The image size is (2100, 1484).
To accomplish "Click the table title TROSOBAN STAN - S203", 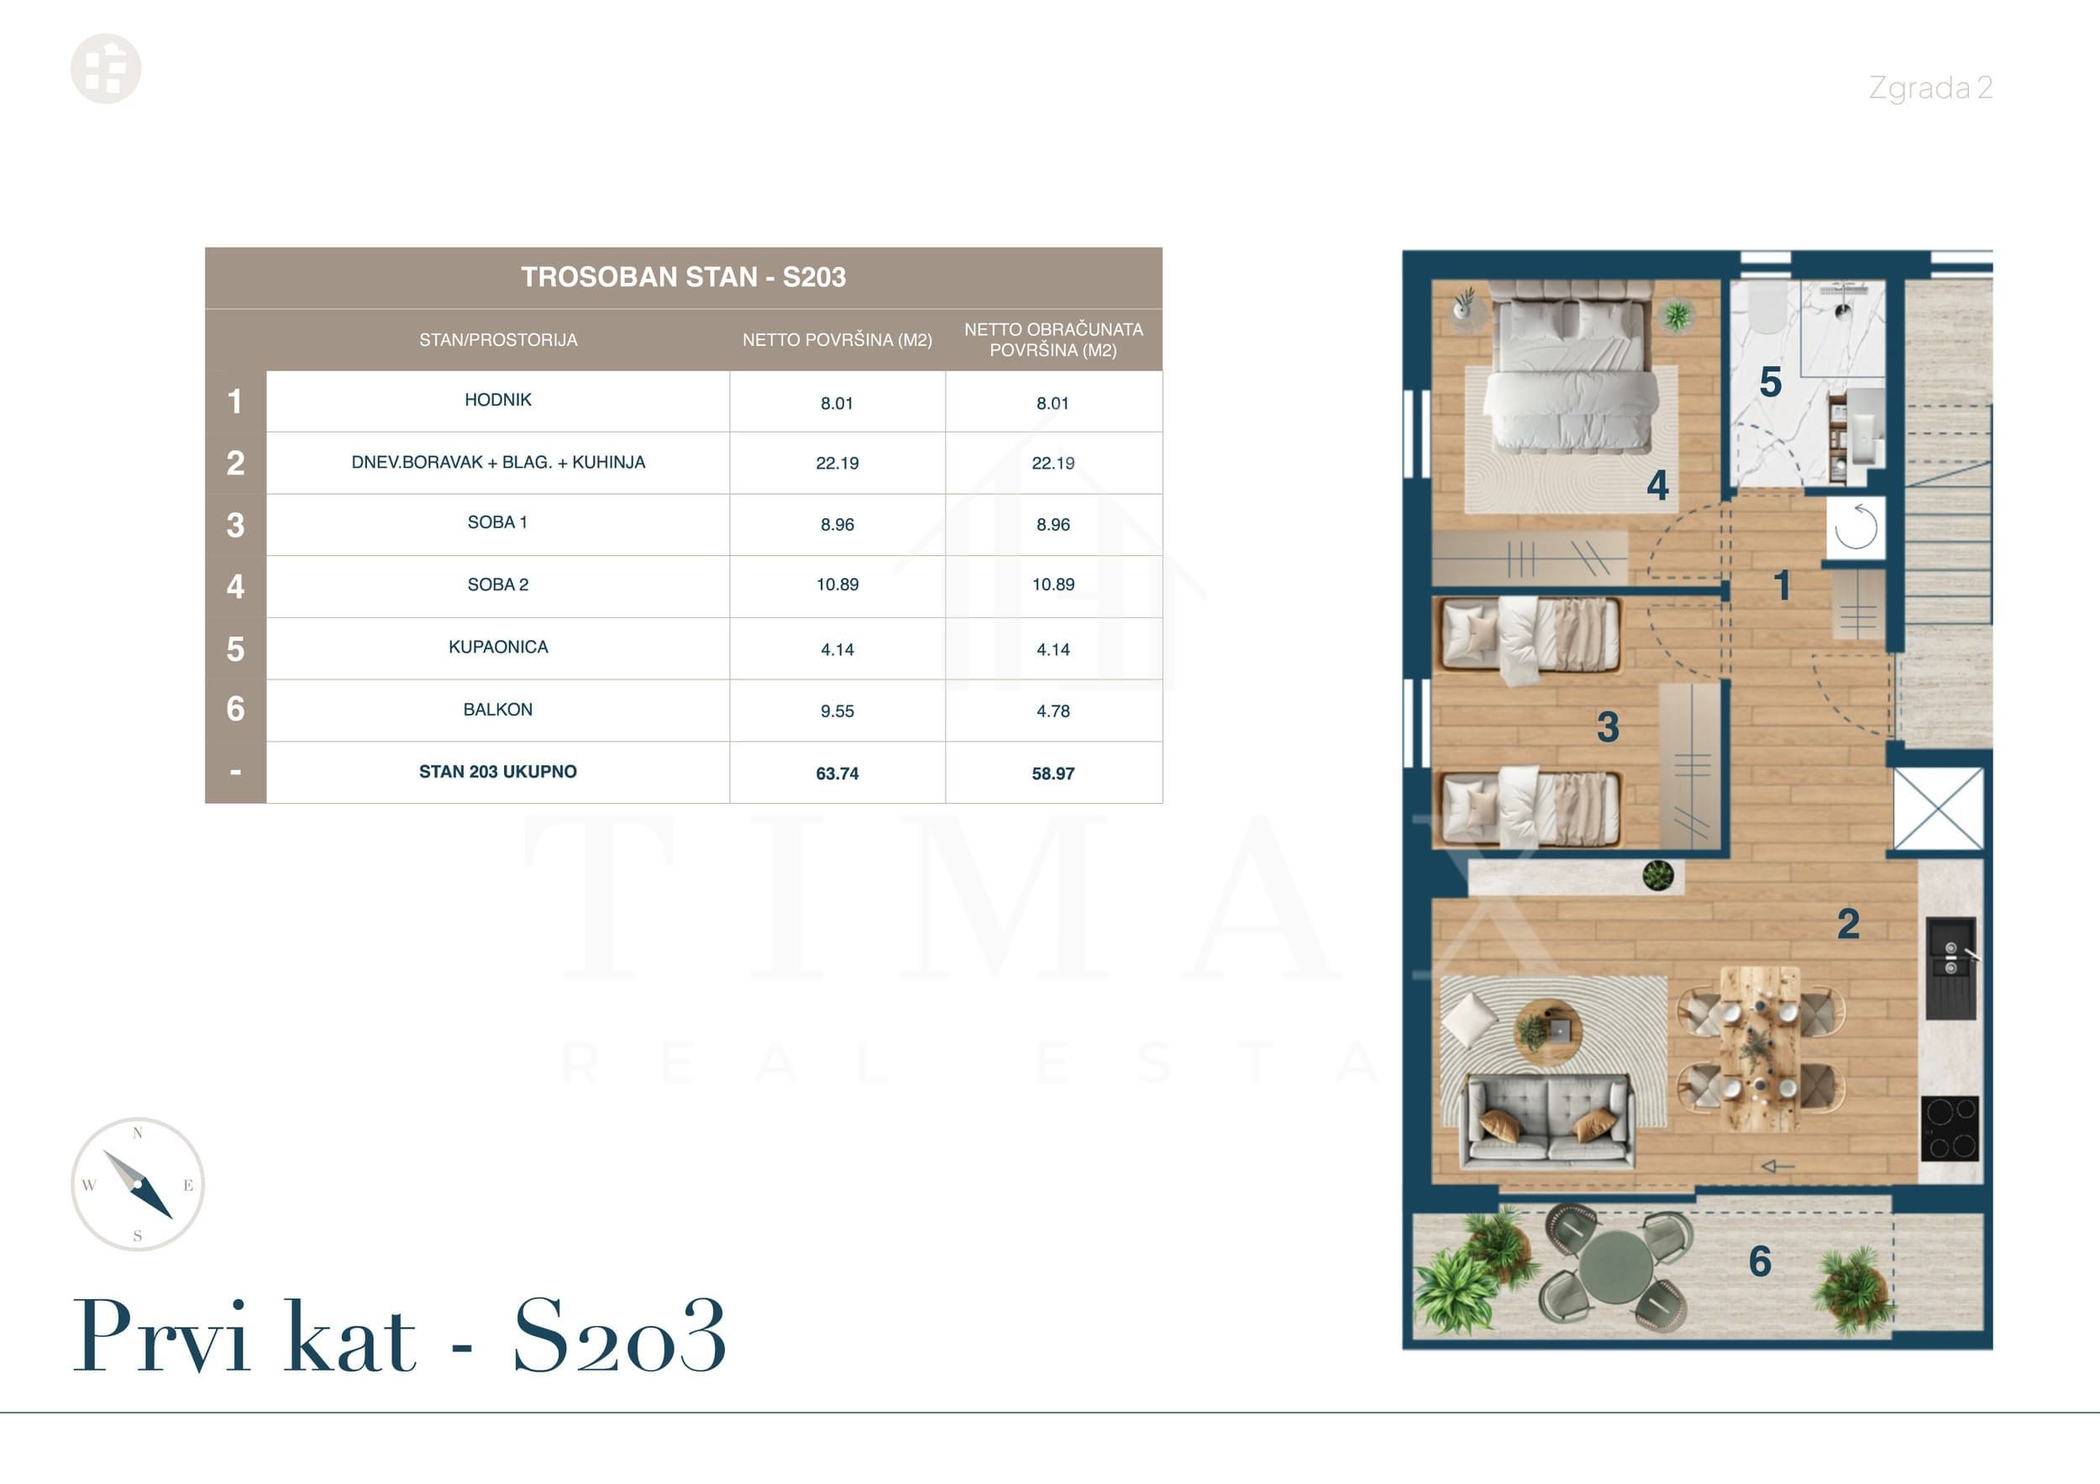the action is [x=683, y=277].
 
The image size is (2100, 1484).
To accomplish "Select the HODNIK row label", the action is [x=497, y=400].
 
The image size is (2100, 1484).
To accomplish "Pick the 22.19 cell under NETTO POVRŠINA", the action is [x=837, y=464].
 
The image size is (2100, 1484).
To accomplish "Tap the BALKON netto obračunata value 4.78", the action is [x=1053, y=711].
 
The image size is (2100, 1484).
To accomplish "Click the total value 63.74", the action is [x=837, y=773].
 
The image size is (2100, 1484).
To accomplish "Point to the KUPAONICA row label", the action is [x=497, y=648].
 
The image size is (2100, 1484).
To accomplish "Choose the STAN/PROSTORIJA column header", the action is [x=497, y=340].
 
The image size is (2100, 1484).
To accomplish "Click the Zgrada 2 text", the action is [x=1929, y=88].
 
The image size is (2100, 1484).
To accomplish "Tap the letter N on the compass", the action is [x=138, y=1134].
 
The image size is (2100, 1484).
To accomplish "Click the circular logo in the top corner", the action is [x=106, y=69].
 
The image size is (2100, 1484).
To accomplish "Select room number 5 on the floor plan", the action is [x=1771, y=382].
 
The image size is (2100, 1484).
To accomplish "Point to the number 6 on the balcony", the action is [x=1760, y=1261].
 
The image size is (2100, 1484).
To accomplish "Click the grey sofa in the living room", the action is [x=1548, y=1121].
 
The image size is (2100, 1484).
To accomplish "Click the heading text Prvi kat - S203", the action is [x=400, y=1337].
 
